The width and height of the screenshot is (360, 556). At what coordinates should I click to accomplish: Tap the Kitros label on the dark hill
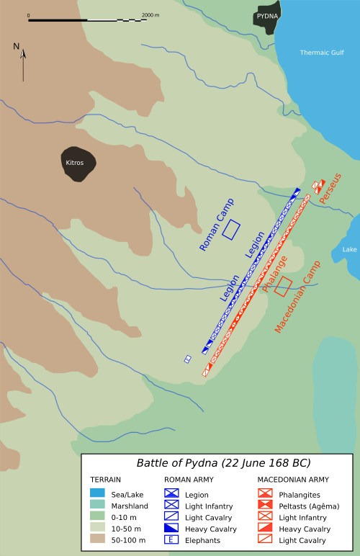[75, 163]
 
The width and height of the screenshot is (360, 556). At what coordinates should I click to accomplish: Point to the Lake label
[349, 249]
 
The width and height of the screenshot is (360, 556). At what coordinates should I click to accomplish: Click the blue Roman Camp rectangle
[231, 230]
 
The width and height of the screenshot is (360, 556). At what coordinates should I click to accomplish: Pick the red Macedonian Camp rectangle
[283, 286]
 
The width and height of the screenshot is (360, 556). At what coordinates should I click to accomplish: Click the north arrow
[23, 60]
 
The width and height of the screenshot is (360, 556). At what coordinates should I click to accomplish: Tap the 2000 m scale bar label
[150, 14]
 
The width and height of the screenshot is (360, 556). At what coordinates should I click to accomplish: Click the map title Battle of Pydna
[224, 462]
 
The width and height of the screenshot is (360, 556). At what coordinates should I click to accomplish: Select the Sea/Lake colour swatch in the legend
[98, 495]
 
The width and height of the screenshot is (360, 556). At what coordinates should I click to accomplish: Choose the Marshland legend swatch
[98, 506]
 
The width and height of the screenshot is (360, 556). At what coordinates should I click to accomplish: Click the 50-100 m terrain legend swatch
[98, 540]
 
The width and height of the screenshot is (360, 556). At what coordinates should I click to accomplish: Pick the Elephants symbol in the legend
[172, 540]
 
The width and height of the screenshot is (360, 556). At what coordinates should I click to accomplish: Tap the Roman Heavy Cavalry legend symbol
[172, 529]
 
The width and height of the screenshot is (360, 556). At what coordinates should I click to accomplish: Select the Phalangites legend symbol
[265, 495]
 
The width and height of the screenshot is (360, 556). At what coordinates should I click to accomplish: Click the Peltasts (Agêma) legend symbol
[265, 506]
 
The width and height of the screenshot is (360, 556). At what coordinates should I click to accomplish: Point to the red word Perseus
[330, 189]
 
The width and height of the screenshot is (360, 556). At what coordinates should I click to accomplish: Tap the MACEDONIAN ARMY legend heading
[293, 479]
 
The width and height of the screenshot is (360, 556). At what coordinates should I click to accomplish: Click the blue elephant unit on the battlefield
[188, 359]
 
